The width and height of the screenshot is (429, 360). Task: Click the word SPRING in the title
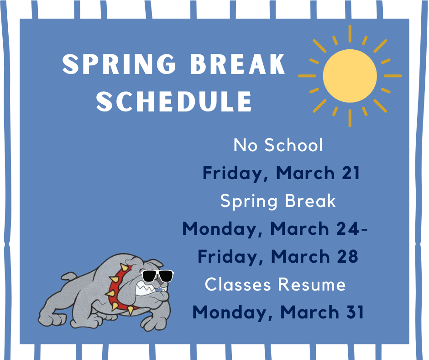(x=119, y=64)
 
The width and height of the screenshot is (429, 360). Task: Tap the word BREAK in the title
(x=237, y=64)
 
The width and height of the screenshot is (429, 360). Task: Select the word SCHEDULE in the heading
(x=174, y=101)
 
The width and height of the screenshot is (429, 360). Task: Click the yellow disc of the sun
(x=350, y=76)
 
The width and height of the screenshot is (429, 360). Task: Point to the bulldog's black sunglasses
(x=157, y=276)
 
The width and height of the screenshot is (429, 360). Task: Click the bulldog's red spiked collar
(x=118, y=288)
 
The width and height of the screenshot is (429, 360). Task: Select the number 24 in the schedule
(x=347, y=228)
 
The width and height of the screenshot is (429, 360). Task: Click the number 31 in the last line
(x=355, y=312)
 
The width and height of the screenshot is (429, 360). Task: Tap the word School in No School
(x=293, y=145)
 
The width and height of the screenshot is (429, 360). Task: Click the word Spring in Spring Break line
(x=249, y=201)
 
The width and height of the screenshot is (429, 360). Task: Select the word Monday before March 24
(x=222, y=229)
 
